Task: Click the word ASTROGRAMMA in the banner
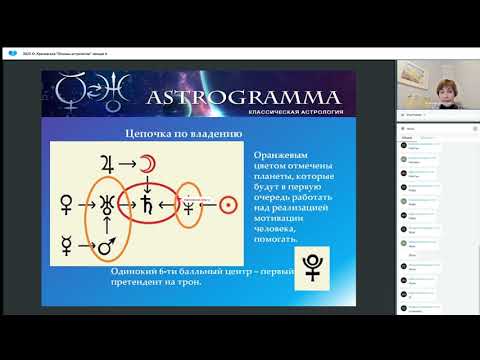(x=245, y=97)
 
